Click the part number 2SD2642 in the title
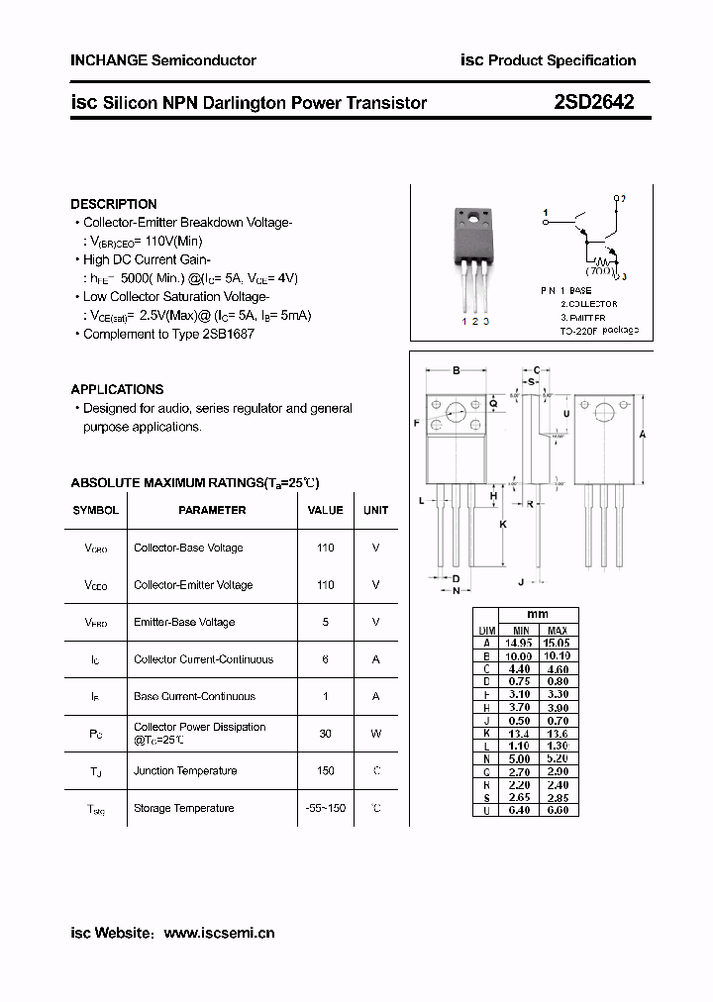click(594, 101)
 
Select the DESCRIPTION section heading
click(114, 204)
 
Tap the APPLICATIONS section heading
click(117, 389)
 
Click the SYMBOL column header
click(95, 510)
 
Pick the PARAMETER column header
click(212, 510)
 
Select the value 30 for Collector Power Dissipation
click(326, 734)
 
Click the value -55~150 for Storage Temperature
click(326, 808)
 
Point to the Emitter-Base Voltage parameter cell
click(184, 622)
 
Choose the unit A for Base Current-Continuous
click(376, 696)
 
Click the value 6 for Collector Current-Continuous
click(326, 659)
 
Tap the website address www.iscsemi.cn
click(219, 933)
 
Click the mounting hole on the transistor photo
click(473, 219)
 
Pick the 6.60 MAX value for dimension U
click(558, 809)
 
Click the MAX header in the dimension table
click(558, 631)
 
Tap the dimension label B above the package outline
click(457, 371)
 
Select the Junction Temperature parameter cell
click(185, 770)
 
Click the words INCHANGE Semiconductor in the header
click(163, 60)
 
